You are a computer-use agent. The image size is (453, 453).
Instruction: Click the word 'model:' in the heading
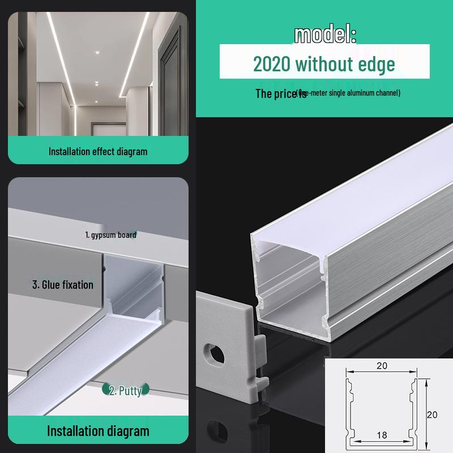[325, 35]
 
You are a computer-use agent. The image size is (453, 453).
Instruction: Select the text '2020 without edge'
[324, 64]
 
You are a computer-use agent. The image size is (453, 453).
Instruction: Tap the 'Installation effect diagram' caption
[98, 151]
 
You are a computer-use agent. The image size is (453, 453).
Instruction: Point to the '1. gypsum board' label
[110, 234]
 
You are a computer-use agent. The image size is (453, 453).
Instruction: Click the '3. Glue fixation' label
[62, 284]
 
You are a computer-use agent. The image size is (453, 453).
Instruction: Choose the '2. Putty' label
[125, 390]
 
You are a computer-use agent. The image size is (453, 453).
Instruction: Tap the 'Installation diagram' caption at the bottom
[98, 431]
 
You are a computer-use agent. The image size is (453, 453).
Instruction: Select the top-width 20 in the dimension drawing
[382, 366]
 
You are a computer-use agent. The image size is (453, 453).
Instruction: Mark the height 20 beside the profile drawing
[432, 414]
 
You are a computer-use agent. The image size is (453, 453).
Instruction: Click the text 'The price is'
[280, 93]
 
